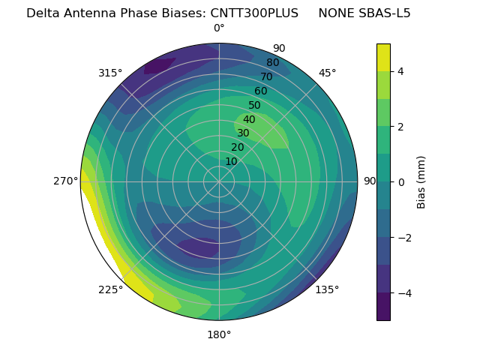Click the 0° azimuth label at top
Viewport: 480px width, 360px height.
[219, 28]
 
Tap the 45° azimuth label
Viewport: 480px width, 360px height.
[327, 73]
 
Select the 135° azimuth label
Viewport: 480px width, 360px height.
[327, 289]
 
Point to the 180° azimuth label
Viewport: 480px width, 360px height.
[219, 334]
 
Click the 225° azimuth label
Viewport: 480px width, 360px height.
[110, 289]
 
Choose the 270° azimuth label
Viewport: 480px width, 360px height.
[66, 181]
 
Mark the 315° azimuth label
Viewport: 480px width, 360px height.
[110, 73]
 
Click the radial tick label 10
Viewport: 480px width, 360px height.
[231, 161]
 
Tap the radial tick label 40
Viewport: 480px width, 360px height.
[249, 120]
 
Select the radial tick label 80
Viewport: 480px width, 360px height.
[272, 63]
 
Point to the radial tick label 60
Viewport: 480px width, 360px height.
[260, 91]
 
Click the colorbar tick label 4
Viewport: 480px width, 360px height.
[400, 71]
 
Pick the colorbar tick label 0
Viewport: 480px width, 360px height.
[400, 182]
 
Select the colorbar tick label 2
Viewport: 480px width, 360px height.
[400, 127]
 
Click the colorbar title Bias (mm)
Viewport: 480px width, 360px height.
[421, 182]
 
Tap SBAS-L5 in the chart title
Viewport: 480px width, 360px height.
[384, 13]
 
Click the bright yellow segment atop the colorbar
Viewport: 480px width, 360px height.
[383, 57]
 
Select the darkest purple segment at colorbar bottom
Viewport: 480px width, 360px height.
[383, 307]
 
